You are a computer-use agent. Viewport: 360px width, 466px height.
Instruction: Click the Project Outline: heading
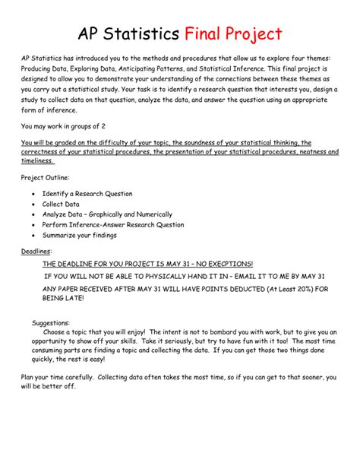pos(45,177)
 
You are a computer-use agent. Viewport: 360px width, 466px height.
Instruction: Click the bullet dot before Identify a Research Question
pos(33,195)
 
